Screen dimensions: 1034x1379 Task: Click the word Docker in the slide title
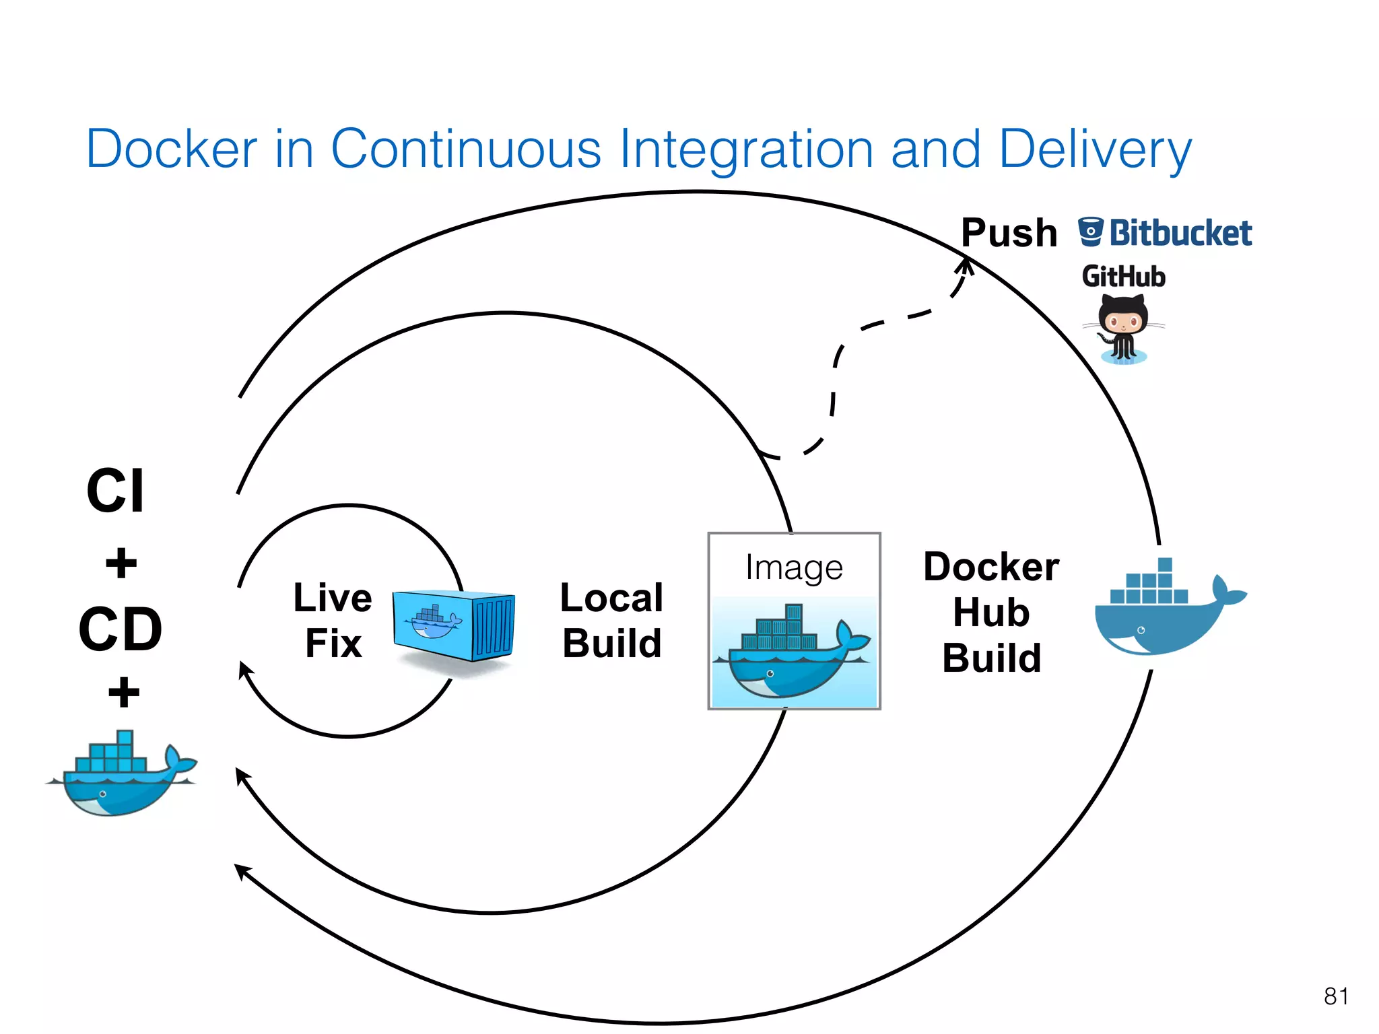[172, 149]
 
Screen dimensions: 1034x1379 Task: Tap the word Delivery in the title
[1095, 149]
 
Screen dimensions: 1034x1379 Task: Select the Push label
[1008, 233]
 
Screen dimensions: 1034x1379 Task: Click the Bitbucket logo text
[1180, 233]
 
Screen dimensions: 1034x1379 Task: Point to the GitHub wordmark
[1123, 277]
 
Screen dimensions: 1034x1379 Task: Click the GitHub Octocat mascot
[1122, 329]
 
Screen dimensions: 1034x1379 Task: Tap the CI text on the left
[115, 491]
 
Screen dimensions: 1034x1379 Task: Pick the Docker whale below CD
[121, 774]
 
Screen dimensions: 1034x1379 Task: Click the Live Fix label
[333, 620]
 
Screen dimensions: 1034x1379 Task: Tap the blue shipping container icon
[453, 625]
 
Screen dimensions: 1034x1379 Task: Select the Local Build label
[611, 620]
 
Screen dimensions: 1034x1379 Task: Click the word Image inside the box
[794, 567]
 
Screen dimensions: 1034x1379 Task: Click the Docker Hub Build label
[990, 612]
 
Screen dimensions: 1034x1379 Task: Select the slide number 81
[1336, 996]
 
